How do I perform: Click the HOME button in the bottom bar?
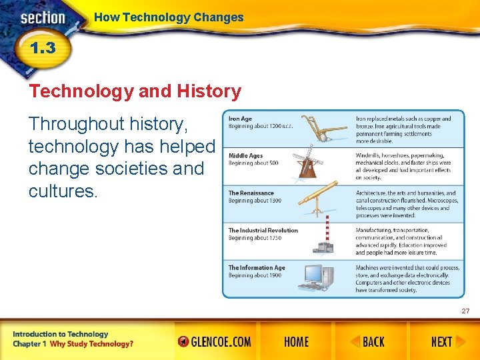click(x=296, y=342)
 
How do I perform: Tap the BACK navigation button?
click(x=368, y=342)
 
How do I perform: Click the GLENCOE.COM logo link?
click(x=215, y=342)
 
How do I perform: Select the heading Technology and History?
click(x=135, y=91)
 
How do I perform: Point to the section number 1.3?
click(x=41, y=49)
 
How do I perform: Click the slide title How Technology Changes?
click(x=169, y=18)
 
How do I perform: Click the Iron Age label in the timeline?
click(x=241, y=119)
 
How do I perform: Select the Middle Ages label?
click(x=246, y=156)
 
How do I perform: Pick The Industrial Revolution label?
click(x=263, y=231)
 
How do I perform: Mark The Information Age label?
click(x=257, y=268)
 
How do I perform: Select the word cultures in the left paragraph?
click(x=63, y=192)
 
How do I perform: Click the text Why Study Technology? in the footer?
click(x=92, y=344)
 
